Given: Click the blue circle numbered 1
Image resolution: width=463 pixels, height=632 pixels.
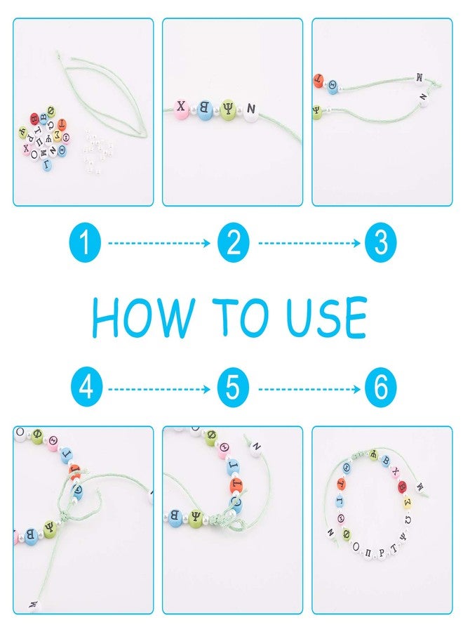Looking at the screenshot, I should [85, 244].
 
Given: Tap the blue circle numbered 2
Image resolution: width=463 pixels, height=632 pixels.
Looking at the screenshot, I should [234, 244].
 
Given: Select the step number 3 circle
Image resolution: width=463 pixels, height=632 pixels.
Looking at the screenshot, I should [381, 244].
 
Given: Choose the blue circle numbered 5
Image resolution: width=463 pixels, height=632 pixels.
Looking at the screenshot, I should [234, 388].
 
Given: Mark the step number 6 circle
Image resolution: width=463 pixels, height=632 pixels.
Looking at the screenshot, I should [381, 388].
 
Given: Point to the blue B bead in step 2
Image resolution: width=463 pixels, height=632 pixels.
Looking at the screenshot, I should [206, 110].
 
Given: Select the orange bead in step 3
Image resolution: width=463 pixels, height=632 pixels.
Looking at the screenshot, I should [318, 83].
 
